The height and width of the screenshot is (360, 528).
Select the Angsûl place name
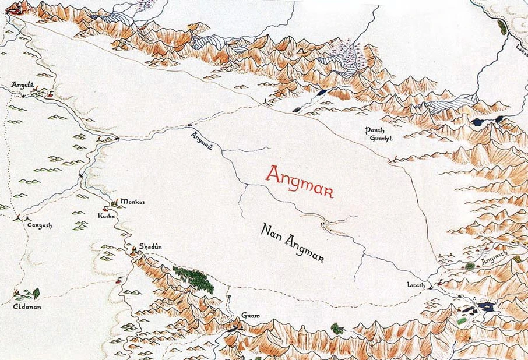coord(22,84)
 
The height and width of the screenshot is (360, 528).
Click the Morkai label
coord(132,202)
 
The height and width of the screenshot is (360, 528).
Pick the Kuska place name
coord(107,216)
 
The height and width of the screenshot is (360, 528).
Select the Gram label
coord(249,316)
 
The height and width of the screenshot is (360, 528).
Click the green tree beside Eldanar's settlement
coord(37,293)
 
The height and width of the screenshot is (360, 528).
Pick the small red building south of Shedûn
coord(120,281)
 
